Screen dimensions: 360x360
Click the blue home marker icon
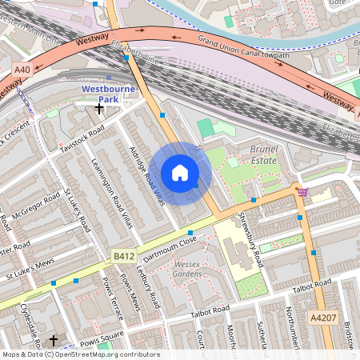[x=180, y=173]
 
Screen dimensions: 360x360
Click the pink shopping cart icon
[x=302, y=192]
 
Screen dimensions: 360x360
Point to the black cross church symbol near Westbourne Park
[x=99, y=107]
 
